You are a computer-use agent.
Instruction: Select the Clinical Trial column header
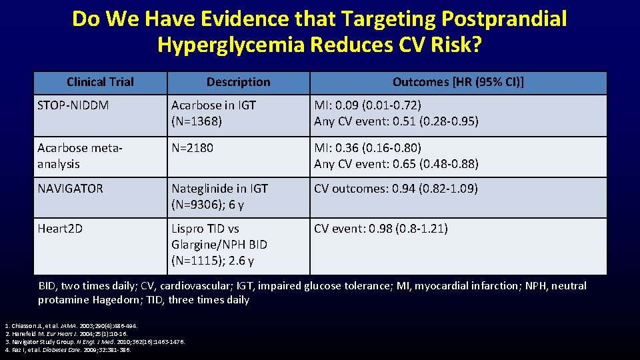pos(100,82)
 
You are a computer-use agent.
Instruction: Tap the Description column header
pos(238,82)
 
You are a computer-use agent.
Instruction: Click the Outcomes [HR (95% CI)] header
pos(458,82)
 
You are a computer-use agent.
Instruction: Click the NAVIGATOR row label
pos(71,189)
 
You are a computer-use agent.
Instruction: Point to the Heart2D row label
pos(60,229)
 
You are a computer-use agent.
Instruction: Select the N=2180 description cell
pos(192,148)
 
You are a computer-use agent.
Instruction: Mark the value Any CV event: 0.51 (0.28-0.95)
pos(396,121)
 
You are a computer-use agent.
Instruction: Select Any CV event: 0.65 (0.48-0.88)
pos(396,164)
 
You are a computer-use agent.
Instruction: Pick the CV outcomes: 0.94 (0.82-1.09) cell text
pos(396,189)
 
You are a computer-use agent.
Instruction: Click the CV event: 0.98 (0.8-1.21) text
pos(381,229)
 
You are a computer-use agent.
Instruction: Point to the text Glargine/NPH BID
pos(219,245)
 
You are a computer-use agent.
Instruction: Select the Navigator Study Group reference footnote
pos(93,341)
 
